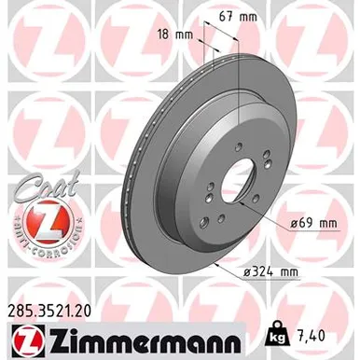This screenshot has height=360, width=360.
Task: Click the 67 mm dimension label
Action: pos(238,17)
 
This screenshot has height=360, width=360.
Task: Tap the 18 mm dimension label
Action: pos(174,35)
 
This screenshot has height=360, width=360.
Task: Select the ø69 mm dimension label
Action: pos(313,223)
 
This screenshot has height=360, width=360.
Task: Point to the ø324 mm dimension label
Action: pos(270,272)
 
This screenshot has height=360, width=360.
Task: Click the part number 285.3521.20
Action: pos(48,311)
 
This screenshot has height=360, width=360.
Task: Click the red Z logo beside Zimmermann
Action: pos(29,342)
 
